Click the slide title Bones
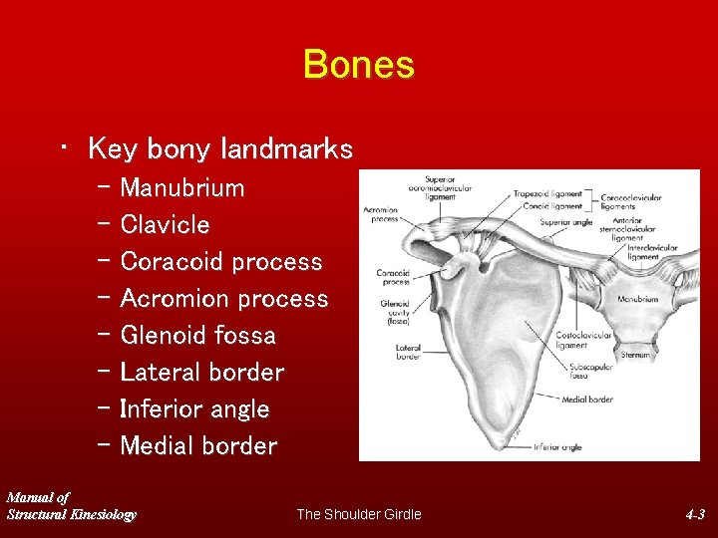coord(358,65)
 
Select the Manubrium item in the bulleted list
coord(181,188)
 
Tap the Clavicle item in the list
coord(165,225)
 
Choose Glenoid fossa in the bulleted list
coord(197,336)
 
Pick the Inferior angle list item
coord(194,409)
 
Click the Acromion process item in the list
coord(223,299)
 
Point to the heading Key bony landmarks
coord(219,149)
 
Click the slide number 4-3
coord(695,514)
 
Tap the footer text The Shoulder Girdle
coord(359,514)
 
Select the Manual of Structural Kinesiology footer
coord(71,505)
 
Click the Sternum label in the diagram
coord(636,354)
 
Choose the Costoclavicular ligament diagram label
coord(584,339)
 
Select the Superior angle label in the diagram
coord(565,221)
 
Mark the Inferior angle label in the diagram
coord(557,447)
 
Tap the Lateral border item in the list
coord(201,373)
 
